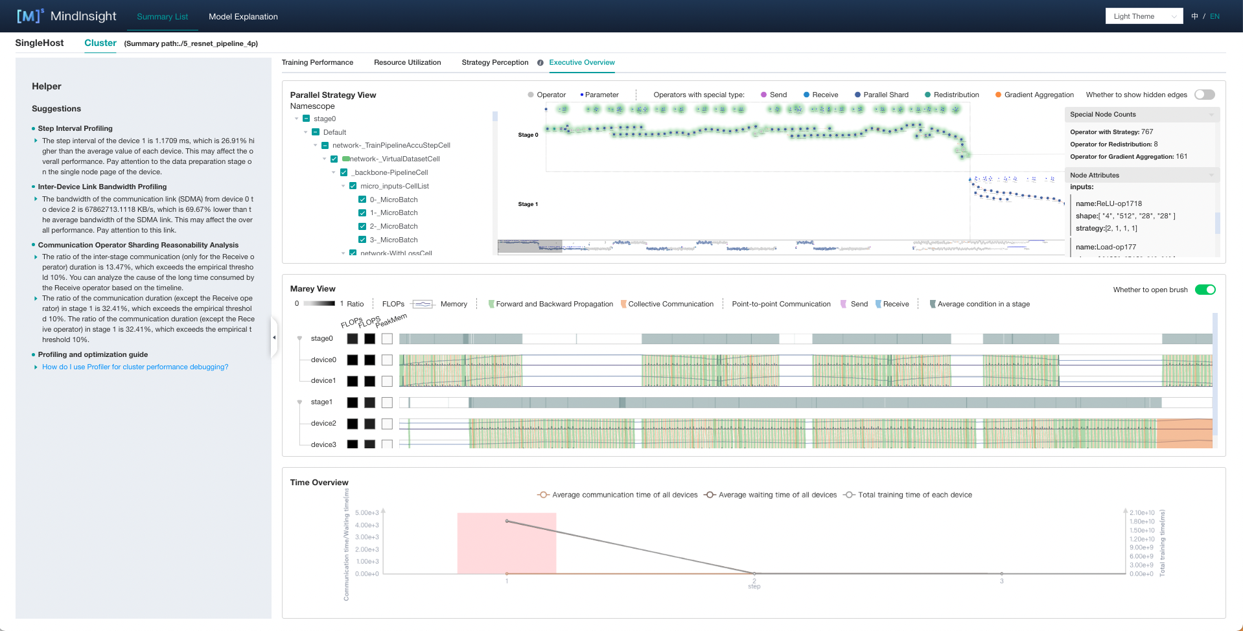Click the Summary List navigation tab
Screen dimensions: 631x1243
click(162, 17)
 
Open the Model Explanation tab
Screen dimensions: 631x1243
click(243, 17)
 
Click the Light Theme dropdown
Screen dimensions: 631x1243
click(1144, 17)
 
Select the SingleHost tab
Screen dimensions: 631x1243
click(40, 43)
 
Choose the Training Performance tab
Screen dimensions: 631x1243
click(318, 63)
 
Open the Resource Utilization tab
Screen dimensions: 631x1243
click(407, 63)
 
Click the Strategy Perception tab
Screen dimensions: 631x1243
click(494, 63)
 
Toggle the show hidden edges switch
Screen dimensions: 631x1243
click(1204, 95)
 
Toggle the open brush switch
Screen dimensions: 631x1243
click(1205, 290)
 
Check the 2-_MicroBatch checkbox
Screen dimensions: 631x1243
click(362, 226)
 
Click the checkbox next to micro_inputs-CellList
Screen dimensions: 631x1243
click(353, 186)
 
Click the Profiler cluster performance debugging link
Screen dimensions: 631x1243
click(135, 367)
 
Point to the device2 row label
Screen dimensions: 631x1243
click(323, 424)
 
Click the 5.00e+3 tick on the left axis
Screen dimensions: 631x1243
click(367, 512)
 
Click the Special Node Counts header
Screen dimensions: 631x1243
click(1103, 115)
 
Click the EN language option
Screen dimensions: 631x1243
click(1214, 17)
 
